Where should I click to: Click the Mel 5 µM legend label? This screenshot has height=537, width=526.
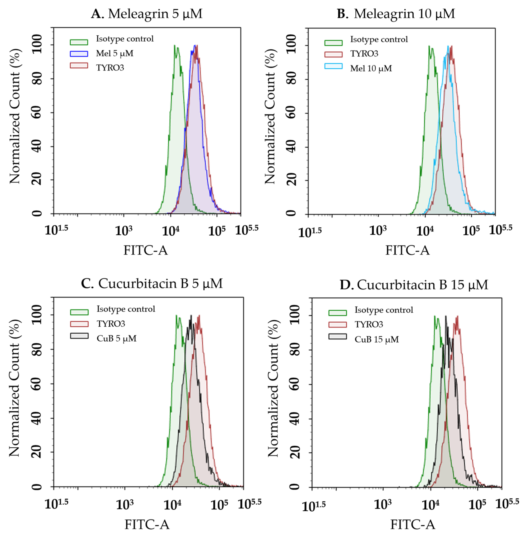115,53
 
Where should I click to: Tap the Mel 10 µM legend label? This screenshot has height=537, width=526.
371,68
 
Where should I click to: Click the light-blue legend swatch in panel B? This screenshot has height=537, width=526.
333,66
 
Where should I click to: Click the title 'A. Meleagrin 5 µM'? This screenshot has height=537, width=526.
147,13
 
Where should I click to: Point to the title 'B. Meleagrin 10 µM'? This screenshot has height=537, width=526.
396,13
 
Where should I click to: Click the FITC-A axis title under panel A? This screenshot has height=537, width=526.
146,250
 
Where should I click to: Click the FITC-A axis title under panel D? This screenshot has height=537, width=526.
413,525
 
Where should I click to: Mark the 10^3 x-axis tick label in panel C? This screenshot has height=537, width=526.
125,504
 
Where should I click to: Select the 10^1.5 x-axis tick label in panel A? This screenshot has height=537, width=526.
56,230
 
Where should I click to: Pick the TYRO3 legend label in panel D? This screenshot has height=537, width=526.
369,324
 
